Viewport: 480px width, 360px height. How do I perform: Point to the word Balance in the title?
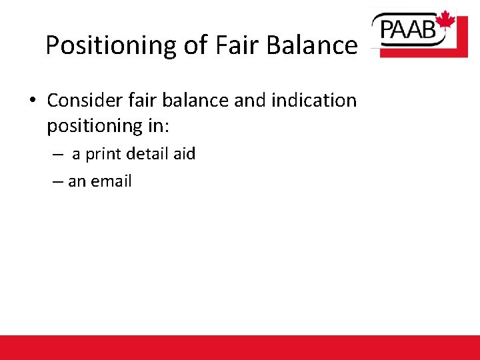(311, 45)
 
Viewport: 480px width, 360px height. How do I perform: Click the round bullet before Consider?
(32, 101)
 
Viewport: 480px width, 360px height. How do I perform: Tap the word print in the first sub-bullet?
(103, 155)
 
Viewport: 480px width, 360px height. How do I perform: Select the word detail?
(148, 154)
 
